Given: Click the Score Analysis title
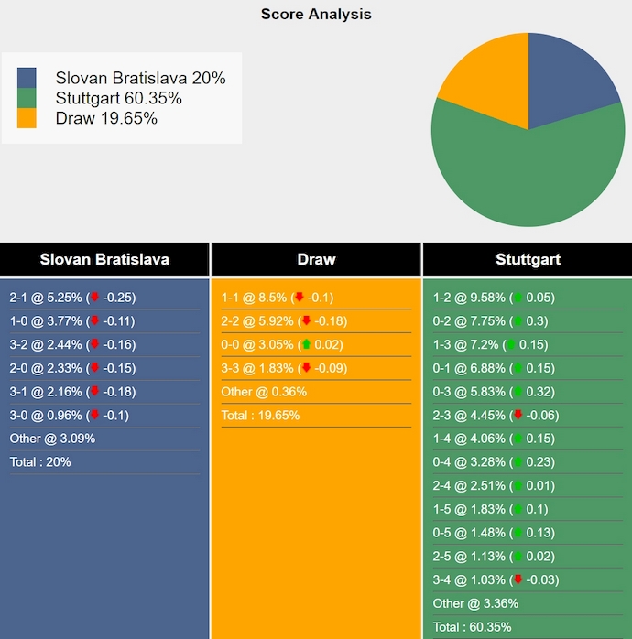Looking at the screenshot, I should tap(316, 14).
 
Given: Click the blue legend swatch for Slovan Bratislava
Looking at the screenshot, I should tap(27, 78).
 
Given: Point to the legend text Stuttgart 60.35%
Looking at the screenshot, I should tap(118, 98).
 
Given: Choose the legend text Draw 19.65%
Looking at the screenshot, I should tap(106, 118).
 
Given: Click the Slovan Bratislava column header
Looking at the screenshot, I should tap(104, 259).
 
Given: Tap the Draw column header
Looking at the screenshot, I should tap(316, 259).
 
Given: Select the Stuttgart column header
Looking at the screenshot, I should tap(528, 259).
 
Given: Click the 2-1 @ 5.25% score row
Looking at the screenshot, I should tap(72, 298).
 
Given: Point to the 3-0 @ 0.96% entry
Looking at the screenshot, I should tap(69, 415).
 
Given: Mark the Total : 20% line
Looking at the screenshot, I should tap(40, 462).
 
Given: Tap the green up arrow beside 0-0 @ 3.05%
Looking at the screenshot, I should tap(306, 345).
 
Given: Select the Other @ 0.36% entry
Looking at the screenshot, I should tap(264, 392).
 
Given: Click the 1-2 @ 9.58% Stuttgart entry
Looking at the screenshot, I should tap(494, 298).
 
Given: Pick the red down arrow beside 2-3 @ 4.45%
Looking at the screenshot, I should tap(518, 416).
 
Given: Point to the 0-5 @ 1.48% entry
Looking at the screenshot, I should tap(494, 533).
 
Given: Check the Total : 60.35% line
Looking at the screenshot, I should tap(472, 627).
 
